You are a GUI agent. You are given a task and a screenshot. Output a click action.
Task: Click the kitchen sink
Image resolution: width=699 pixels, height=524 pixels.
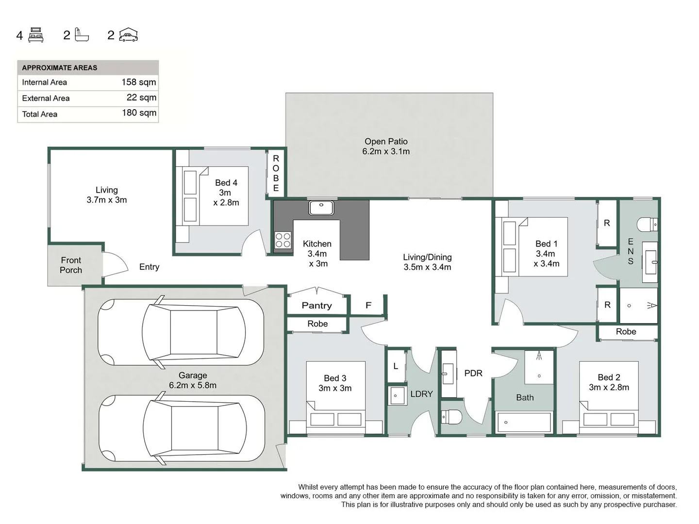pyautogui.click(x=321, y=208)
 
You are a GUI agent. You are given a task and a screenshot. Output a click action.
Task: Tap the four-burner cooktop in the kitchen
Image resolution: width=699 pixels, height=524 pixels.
pyautogui.click(x=283, y=240)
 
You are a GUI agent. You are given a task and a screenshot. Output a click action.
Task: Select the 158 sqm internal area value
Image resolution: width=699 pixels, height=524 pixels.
pyautogui.click(x=138, y=82)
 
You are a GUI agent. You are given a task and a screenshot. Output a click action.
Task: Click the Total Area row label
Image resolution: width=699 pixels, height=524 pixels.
pyautogui.click(x=40, y=114)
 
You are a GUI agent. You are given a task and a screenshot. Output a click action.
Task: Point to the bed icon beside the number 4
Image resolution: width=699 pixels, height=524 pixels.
pyautogui.click(x=36, y=35)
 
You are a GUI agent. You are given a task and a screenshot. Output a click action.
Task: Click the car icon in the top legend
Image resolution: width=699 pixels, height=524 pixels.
pyautogui.click(x=129, y=35)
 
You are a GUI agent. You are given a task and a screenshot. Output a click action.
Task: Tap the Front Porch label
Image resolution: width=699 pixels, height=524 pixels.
pyautogui.click(x=71, y=265)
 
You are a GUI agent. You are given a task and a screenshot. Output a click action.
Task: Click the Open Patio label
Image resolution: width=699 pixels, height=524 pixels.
pyautogui.click(x=386, y=146)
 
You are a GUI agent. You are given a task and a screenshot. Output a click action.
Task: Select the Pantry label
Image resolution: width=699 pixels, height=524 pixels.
pyautogui.click(x=316, y=305)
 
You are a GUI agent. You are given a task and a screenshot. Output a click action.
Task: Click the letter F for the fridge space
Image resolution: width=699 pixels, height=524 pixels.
pyautogui.click(x=368, y=305)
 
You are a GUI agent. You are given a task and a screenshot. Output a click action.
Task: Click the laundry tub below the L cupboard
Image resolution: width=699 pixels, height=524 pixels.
pyautogui.click(x=397, y=395)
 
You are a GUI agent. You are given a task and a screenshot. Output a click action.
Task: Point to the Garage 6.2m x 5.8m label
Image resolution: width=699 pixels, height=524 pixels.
pyautogui.click(x=193, y=380)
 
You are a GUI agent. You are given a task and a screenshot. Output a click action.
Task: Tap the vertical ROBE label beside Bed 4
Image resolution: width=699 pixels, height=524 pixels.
pyautogui.click(x=276, y=173)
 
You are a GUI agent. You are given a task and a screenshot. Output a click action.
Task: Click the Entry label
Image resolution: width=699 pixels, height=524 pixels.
pyautogui.click(x=149, y=267)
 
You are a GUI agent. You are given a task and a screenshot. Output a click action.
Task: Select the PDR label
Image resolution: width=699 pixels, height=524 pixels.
pyautogui.click(x=473, y=373)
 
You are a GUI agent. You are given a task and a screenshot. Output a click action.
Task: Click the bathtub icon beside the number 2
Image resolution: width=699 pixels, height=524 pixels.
pyautogui.click(x=82, y=35)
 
